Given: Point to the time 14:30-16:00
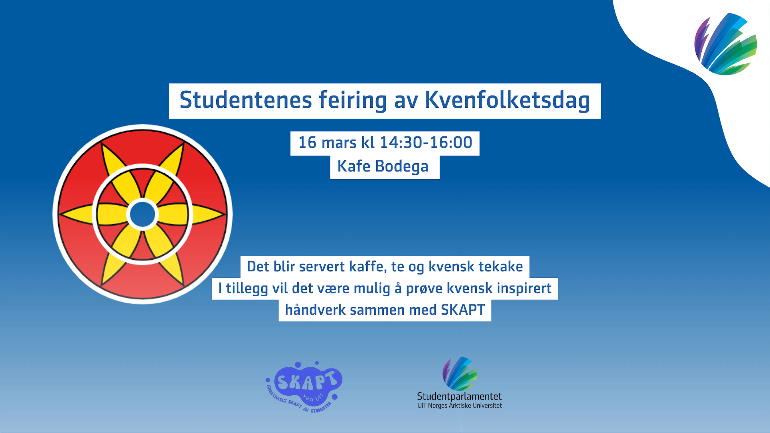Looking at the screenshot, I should (x=426, y=143).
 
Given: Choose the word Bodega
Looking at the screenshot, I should (x=402, y=166).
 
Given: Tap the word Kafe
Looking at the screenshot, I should (x=354, y=166).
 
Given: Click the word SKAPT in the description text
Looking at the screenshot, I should (x=463, y=310).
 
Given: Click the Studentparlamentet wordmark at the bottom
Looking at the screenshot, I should (x=459, y=397).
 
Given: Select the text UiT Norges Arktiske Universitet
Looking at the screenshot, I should (x=459, y=406).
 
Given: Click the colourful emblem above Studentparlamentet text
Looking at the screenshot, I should (x=459, y=373).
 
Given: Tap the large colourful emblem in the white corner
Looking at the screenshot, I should (x=725, y=44).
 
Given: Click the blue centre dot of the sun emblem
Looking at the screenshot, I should (x=143, y=214).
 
